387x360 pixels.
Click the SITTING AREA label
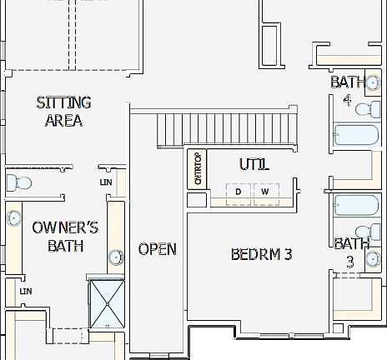point(63,112)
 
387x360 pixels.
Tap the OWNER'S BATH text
point(65,236)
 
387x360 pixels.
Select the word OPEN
point(157,249)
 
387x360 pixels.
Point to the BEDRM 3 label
point(261,254)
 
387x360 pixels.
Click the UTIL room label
point(254,165)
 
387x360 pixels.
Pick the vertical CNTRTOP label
point(198,169)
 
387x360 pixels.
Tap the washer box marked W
point(264,192)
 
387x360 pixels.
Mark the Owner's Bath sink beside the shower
point(115,257)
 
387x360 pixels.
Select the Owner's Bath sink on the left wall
point(14,219)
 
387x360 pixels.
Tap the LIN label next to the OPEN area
point(105,181)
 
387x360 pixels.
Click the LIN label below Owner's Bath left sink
point(25,291)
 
